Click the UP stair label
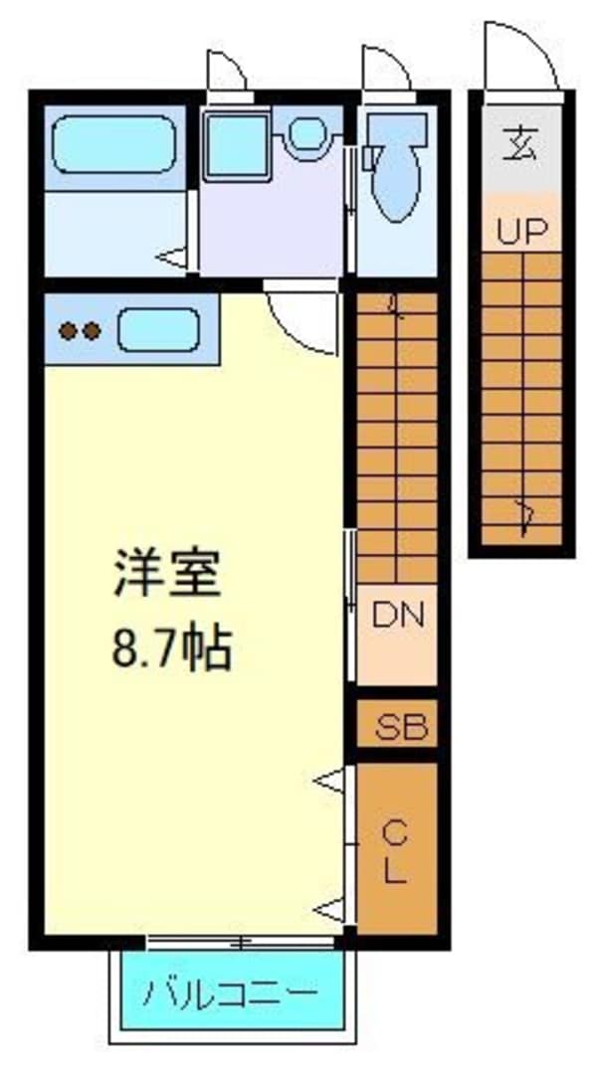coord(521,233)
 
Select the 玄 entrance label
coord(521,146)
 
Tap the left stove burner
coord(68,330)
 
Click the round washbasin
coord(308,134)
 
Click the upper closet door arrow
coord(332,781)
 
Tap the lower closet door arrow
coord(332,907)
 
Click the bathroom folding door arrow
coord(175,259)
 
